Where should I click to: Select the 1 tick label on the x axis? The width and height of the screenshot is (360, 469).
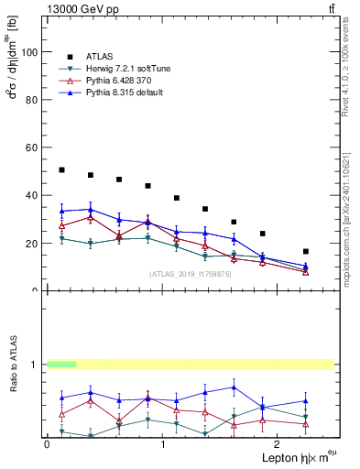point(163,443)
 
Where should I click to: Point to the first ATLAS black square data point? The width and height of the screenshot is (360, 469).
point(61,169)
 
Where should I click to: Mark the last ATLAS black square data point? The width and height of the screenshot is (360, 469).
point(305,251)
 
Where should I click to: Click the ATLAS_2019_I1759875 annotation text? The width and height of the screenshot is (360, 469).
point(191,274)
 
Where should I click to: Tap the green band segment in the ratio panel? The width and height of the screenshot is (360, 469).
point(61,365)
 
